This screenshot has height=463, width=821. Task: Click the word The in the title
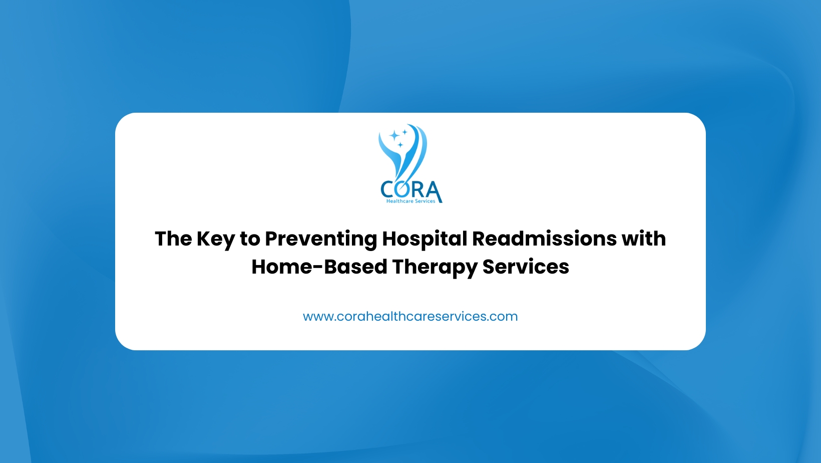pos(173,239)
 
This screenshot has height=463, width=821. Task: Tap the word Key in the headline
pos(215,240)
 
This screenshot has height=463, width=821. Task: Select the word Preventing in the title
pos(321,240)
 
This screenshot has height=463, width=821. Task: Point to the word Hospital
pos(425,240)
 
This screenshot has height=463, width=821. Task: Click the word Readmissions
pos(544,239)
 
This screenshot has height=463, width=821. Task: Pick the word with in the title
pos(644,239)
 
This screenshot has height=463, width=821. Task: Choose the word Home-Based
pos(319,267)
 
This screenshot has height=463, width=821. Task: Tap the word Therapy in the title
pos(435,268)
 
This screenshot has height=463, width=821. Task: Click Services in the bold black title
pos(526,267)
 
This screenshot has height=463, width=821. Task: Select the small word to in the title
pos(250,239)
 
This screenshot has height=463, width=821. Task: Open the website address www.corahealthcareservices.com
pos(410,316)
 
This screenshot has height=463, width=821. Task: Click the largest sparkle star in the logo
pos(394,136)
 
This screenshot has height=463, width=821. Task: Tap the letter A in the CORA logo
pos(434,191)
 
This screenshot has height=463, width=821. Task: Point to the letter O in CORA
pos(403,189)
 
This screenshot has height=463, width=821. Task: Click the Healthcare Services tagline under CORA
pos(410,201)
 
